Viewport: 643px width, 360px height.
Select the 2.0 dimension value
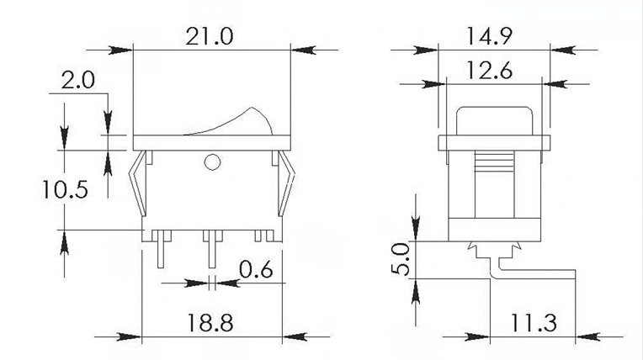pos(78,82)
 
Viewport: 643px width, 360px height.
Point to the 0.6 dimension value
pos(255,270)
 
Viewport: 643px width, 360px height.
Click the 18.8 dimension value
pos(212,323)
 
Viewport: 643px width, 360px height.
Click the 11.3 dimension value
pos(531,323)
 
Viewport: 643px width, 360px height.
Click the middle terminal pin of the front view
pos(210,247)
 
